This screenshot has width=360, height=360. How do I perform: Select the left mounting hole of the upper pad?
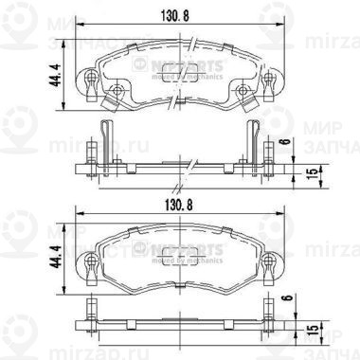pyautogui.click(x=117, y=91)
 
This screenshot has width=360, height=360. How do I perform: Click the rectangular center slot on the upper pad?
pyautogui.click(x=179, y=84)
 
